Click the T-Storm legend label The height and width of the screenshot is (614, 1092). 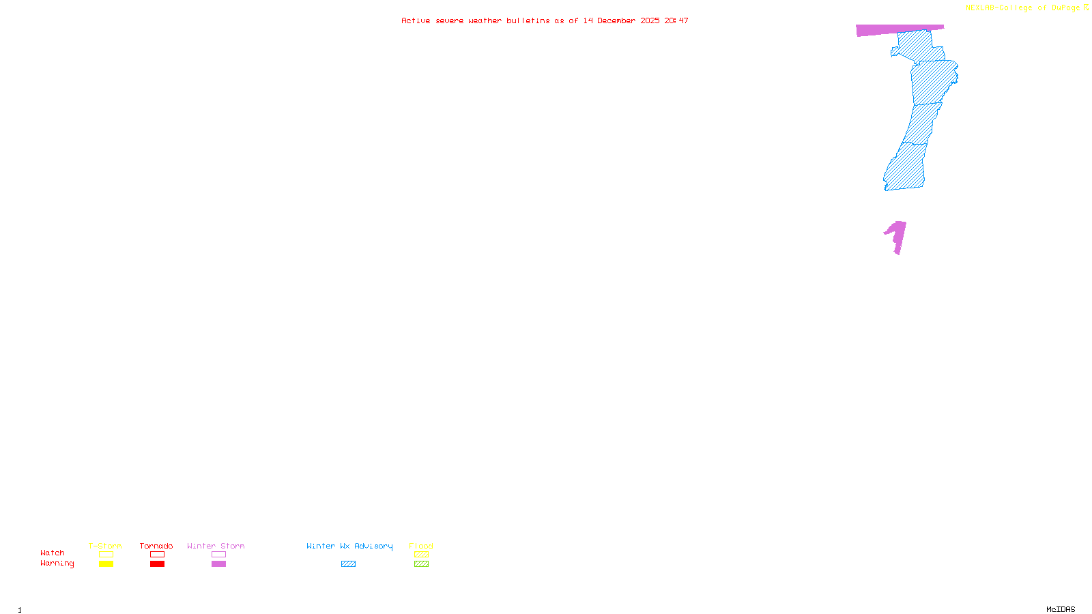pyautogui.click(x=105, y=546)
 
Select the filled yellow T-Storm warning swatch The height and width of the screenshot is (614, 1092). pyautogui.click(x=106, y=564)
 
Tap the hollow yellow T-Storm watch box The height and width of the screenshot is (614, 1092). pyautogui.click(x=106, y=555)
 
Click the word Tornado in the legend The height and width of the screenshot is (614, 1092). pyautogui.click(x=156, y=546)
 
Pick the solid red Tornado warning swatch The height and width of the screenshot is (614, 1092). pyautogui.click(x=158, y=564)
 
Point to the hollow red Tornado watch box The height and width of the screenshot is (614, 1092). pyautogui.click(x=158, y=555)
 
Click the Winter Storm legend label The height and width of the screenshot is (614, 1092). pyautogui.click(x=216, y=546)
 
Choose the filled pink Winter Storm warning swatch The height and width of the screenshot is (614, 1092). pyautogui.click(x=218, y=564)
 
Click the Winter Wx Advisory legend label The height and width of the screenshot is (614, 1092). pyautogui.click(x=349, y=546)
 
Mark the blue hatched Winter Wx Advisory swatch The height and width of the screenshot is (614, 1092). pyautogui.click(x=348, y=564)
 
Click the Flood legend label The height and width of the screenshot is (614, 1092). pyautogui.click(x=421, y=546)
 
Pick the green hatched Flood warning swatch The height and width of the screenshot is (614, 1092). pyautogui.click(x=421, y=564)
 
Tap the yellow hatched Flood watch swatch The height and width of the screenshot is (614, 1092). pyautogui.click(x=421, y=555)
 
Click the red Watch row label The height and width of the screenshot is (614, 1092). pyautogui.click(x=53, y=553)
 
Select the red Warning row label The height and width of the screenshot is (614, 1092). pyautogui.click(x=57, y=564)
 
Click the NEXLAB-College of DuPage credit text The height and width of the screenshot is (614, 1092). pyautogui.click(x=1023, y=8)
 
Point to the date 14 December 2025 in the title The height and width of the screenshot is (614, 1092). pyautogui.click(x=621, y=21)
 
